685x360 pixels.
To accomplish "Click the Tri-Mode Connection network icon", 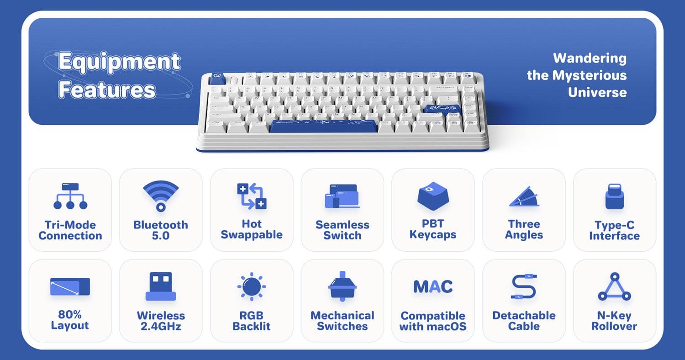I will pyautogui.click(x=70, y=196).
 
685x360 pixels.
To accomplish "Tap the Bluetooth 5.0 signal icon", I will pyautogui.click(x=160, y=196).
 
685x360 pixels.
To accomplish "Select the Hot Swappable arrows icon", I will pyautogui.click(x=251, y=196).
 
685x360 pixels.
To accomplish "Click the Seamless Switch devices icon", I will pyautogui.click(x=342, y=196).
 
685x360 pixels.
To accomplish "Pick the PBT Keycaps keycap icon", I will pyautogui.click(x=433, y=196).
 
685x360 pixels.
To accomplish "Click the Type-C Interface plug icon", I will pyautogui.click(x=614, y=196).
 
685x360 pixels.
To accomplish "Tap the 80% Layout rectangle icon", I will pyautogui.click(x=70, y=287).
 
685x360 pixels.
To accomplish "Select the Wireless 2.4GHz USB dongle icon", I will pyautogui.click(x=160, y=286).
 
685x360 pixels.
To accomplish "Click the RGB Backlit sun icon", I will pyautogui.click(x=251, y=287).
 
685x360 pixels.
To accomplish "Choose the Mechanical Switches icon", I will pyautogui.click(x=342, y=286).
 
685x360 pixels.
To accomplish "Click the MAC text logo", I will pyautogui.click(x=433, y=287).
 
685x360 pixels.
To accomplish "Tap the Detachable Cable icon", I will pyautogui.click(x=524, y=287).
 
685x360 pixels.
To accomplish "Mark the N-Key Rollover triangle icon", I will pyautogui.click(x=614, y=287).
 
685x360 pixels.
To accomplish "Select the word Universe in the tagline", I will pyautogui.click(x=597, y=92).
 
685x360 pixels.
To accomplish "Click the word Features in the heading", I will pyautogui.click(x=107, y=90).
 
